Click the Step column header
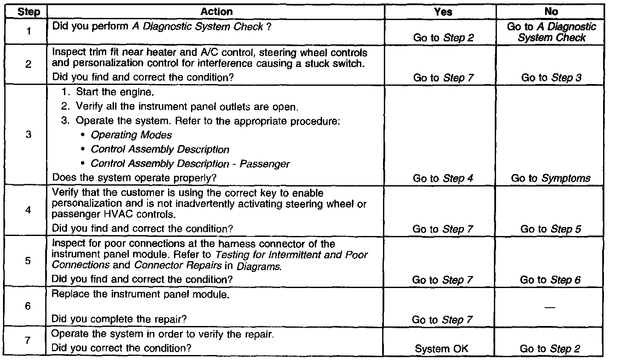(x=29, y=12)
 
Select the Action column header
(x=216, y=12)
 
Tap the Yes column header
(x=443, y=12)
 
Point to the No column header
(x=551, y=12)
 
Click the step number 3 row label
(x=29, y=135)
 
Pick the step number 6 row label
(x=29, y=306)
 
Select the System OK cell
(x=441, y=349)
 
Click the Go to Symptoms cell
(x=551, y=178)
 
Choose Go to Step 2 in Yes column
(x=444, y=38)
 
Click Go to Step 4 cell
(x=443, y=178)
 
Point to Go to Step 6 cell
(x=550, y=280)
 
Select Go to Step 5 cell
(x=550, y=229)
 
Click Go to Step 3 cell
(x=551, y=78)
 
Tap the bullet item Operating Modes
(x=131, y=135)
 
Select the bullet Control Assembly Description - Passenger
(x=190, y=164)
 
